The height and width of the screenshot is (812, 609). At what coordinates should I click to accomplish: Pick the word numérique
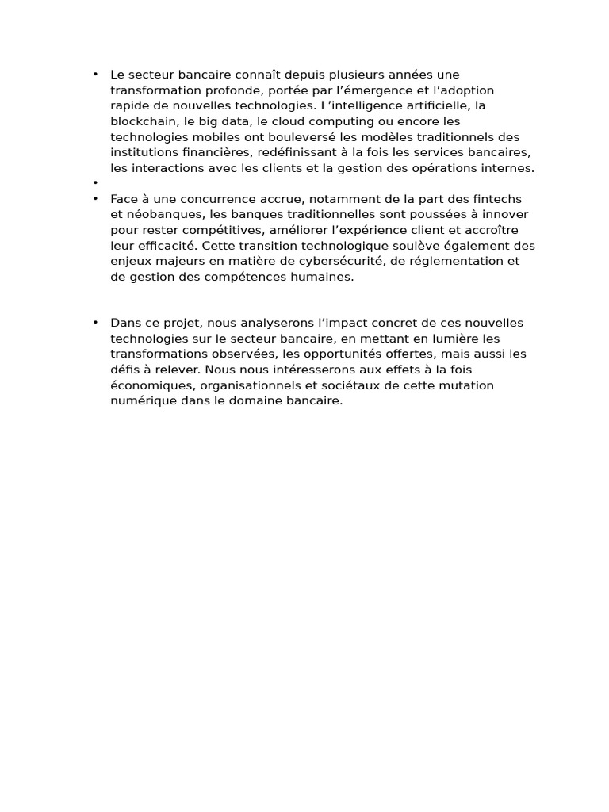point(140,400)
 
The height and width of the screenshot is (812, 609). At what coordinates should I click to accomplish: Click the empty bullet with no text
point(95,183)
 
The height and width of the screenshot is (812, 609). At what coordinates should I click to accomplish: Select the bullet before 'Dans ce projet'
point(95,322)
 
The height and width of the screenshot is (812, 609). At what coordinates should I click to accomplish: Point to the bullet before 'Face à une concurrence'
point(95,198)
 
